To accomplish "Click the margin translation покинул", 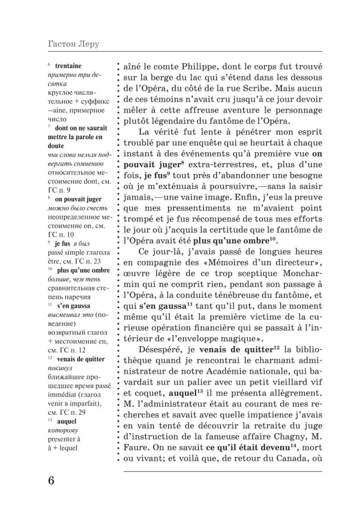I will coord(59,367).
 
